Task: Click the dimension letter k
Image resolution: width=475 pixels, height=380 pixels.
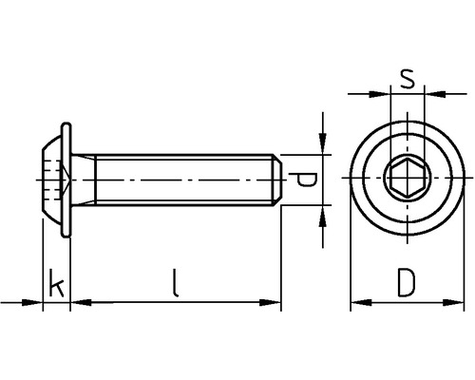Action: (57, 285)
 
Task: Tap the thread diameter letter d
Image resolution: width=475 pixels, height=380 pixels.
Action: (303, 179)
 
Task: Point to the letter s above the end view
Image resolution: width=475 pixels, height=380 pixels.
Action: (407, 79)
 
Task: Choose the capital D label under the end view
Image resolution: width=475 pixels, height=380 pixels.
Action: (407, 283)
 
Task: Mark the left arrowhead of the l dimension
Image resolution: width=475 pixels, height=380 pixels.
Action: (81, 303)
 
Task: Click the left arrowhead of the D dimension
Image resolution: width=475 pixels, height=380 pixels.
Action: (359, 303)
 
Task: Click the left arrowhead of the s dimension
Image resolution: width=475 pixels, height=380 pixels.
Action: (382, 93)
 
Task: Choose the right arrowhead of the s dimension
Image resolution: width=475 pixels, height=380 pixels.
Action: (432, 93)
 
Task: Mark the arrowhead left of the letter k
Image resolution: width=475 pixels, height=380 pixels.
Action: (35, 303)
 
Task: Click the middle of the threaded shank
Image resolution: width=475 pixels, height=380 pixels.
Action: (180, 179)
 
